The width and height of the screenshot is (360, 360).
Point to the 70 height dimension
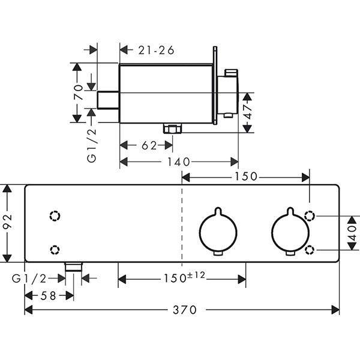click(78, 92)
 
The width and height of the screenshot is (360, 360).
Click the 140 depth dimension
click(179, 161)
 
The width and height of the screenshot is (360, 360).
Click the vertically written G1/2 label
click(91, 145)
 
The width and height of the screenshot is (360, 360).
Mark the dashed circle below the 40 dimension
click(310, 249)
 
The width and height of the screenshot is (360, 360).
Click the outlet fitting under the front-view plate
click(74, 267)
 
